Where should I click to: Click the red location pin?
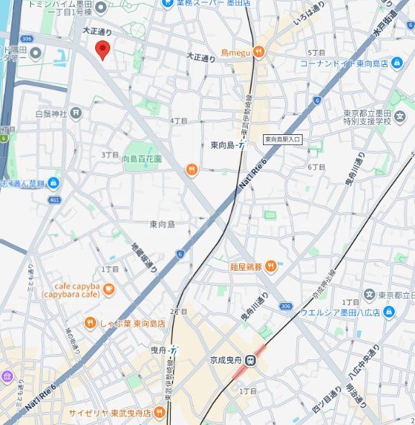pos(103,50)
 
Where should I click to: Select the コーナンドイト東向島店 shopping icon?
pos(396,63)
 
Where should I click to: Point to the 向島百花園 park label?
pos(141,158)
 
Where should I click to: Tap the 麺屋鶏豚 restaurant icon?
pos(270,266)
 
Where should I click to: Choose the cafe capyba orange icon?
pos(109,290)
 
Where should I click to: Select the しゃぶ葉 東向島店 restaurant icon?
pos(90,323)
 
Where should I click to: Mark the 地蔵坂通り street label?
pos(145,256)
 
